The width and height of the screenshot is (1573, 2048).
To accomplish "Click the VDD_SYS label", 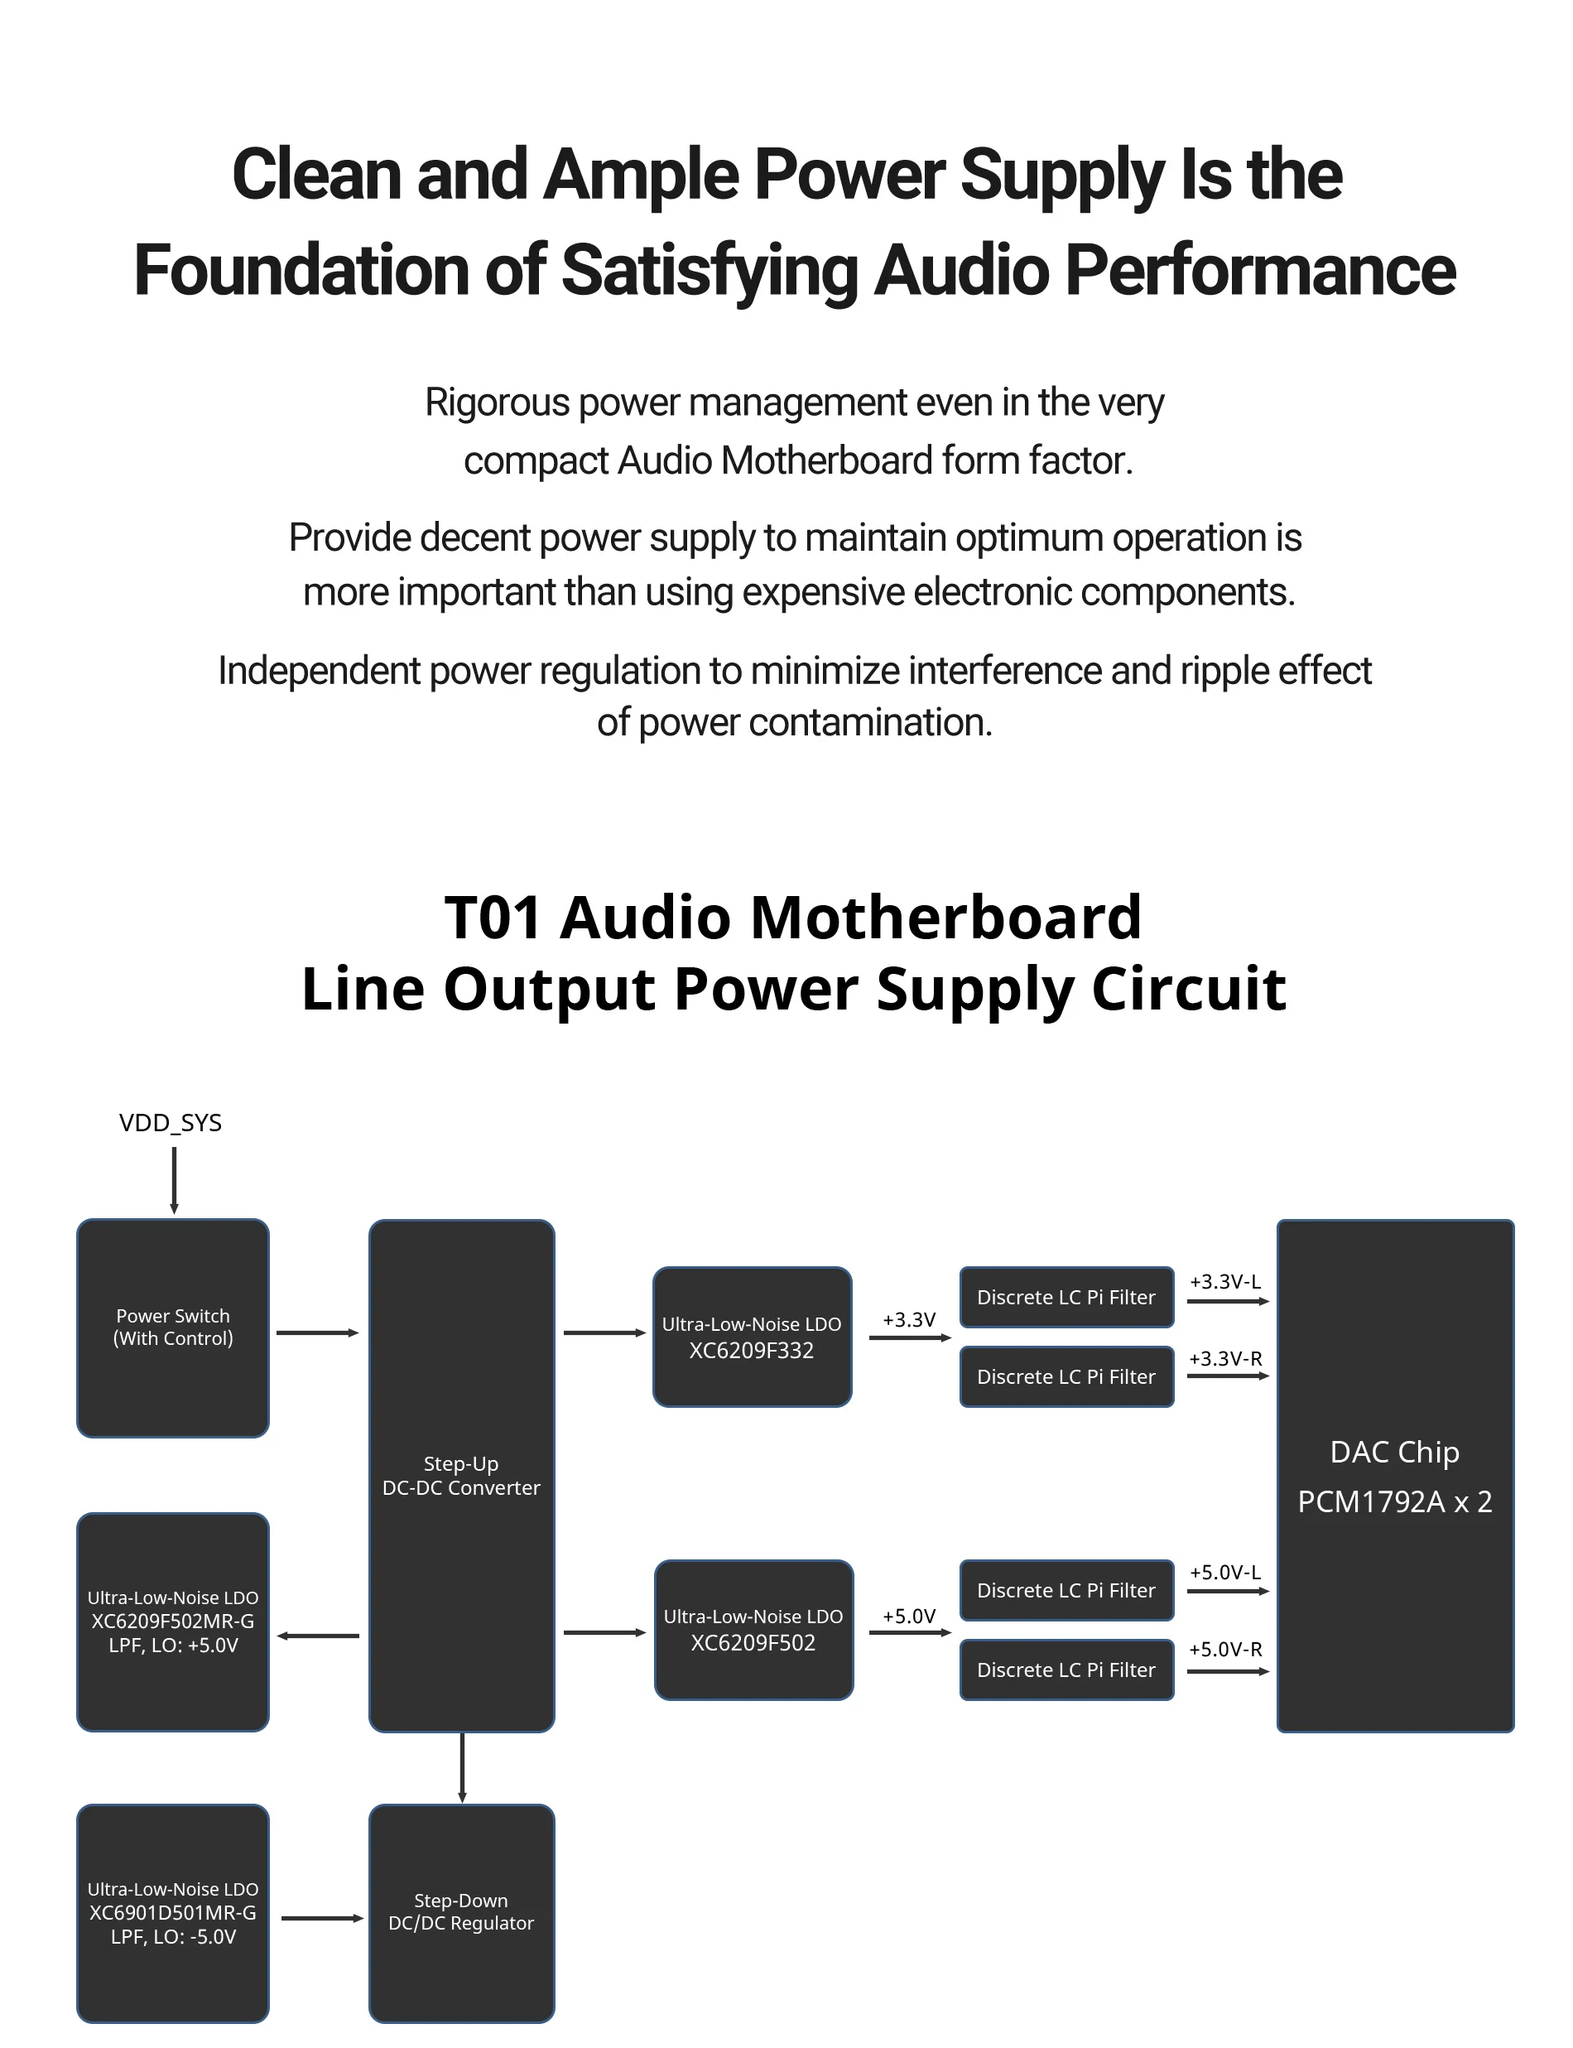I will (170, 1122).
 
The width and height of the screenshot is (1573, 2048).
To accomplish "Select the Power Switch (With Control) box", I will (173, 1327).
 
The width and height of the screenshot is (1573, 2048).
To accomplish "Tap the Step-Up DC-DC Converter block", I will (462, 1475).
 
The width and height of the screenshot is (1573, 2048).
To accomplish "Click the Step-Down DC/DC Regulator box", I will (462, 1912).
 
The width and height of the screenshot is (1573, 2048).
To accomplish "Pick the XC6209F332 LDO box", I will (752, 1337).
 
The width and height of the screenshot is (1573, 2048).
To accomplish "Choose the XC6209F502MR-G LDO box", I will (173, 1621).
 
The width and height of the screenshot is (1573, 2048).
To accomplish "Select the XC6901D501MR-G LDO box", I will (173, 1912).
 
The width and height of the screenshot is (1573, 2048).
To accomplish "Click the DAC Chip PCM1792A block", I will (1395, 1475).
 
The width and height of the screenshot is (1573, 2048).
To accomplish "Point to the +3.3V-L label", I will (1224, 1281).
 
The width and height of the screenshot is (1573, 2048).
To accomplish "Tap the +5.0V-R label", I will (1224, 1649).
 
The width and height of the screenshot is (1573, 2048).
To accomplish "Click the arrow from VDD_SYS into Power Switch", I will (174, 1180).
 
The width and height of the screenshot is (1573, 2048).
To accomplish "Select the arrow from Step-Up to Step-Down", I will (462, 1767).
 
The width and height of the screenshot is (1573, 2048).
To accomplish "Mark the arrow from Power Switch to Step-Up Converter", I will (317, 1332).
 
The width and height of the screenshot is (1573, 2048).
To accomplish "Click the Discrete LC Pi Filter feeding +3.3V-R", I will (1066, 1376).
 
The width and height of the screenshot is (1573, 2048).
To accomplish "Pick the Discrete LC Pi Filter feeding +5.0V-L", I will (1066, 1590).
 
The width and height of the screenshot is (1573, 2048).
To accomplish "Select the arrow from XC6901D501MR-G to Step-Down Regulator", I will (321, 1918).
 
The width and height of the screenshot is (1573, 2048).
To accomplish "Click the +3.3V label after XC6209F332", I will (909, 1319).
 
